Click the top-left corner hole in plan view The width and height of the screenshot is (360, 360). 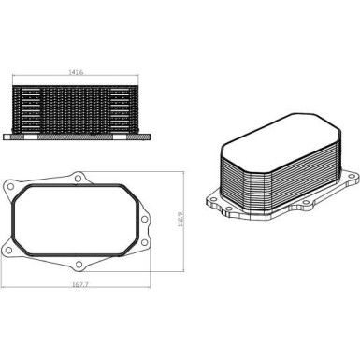pyautogui.click(x=10, y=186)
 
